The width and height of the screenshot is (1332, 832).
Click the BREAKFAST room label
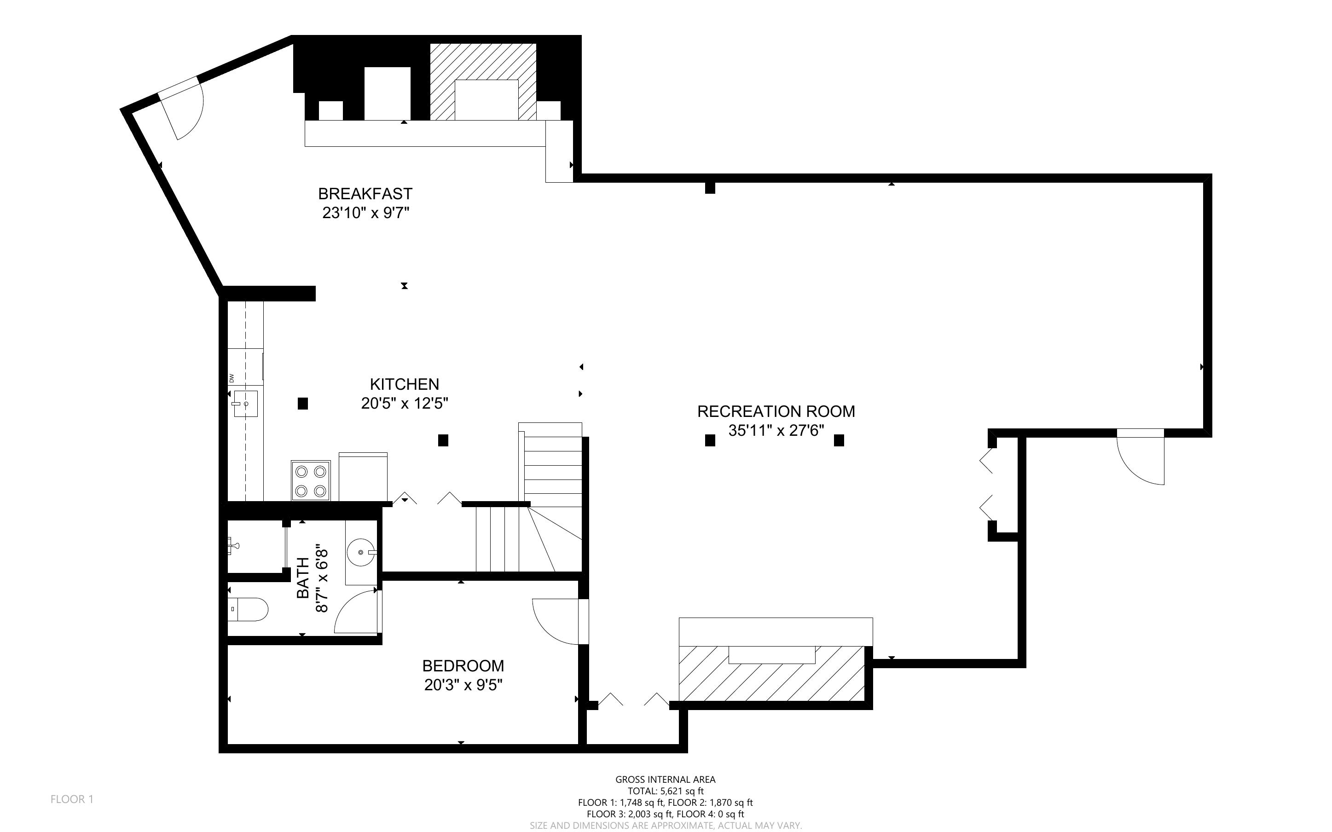[x=365, y=194]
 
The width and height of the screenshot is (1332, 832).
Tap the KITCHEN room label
[x=405, y=384]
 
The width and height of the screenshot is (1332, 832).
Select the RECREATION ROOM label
[x=776, y=411]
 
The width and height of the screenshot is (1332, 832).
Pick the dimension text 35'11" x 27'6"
[x=776, y=430]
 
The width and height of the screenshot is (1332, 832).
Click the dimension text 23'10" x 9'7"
[x=366, y=213]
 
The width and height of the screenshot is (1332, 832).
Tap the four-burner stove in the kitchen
[x=311, y=480]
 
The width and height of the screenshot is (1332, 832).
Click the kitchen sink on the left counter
[x=245, y=404]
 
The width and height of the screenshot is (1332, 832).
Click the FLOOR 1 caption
[x=72, y=799]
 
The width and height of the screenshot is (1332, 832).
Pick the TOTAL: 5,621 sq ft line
[x=666, y=791]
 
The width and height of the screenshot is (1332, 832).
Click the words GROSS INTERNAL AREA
[x=666, y=779]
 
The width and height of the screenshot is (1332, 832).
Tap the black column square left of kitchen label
[x=302, y=403]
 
